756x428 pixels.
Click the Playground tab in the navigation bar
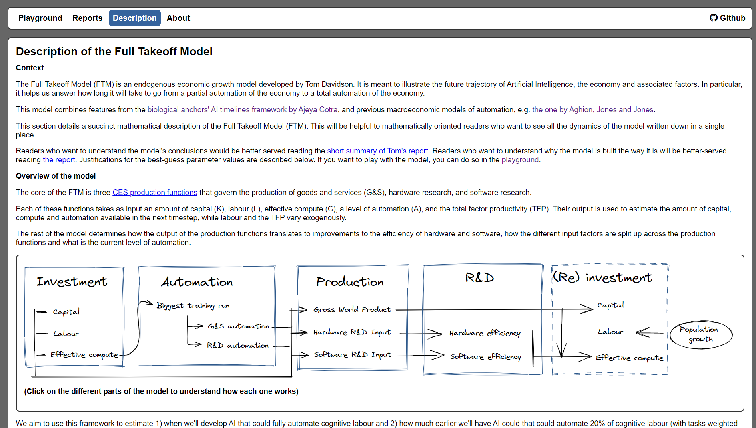click(x=40, y=18)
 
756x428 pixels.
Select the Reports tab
click(x=87, y=18)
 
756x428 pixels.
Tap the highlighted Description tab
click(x=134, y=18)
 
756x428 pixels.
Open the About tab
click(x=178, y=18)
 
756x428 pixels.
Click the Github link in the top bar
click(x=728, y=18)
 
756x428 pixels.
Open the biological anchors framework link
click(x=242, y=110)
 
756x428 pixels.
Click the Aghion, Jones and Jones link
click(x=592, y=110)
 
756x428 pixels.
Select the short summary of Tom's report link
click(x=377, y=151)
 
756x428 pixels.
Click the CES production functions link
click(x=154, y=193)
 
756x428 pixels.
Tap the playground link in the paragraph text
click(x=520, y=160)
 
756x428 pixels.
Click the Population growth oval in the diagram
click(x=700, y=334)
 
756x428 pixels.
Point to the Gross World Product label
click(x=352, y=309)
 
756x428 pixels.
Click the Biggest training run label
click(x=193, y=306)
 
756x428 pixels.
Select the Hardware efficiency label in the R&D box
click(x=485, y=333)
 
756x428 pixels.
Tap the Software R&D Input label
click(x=352, y=355)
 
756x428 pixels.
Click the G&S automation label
click(x=238, y=326)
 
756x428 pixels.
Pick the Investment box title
click(x=72, y=282)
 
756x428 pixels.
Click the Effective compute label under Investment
click(x=84, y=355)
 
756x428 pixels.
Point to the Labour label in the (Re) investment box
click(x=610, y=332)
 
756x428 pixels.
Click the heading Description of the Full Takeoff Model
click(x=114, y=52)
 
